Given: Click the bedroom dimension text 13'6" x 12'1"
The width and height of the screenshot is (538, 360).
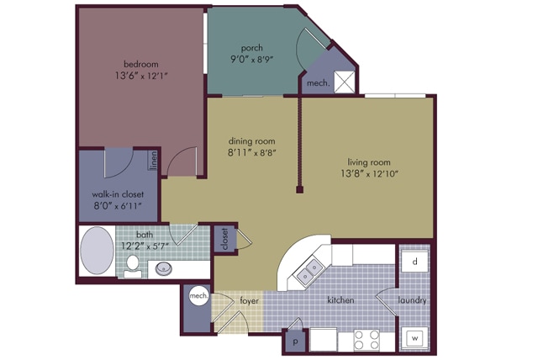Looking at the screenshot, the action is coord(141,76).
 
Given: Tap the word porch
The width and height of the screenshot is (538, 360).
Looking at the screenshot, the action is coord(252,48).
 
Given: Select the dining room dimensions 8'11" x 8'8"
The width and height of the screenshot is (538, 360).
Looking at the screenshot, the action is coord(252,153).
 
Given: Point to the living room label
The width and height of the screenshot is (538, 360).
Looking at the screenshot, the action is coord(369,161).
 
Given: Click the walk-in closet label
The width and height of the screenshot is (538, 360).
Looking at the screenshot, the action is coord(118,194).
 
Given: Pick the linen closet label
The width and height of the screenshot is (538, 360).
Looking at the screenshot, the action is coord(153,161).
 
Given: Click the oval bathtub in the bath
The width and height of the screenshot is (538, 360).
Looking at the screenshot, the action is coord(98,250).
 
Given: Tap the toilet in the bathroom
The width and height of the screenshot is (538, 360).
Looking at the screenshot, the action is coord(133,267).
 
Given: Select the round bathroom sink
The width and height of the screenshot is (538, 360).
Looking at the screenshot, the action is coord(163,268).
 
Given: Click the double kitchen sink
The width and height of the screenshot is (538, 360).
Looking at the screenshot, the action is coord(309,271).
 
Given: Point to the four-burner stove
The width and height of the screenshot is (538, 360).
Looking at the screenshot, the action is coord(367,340).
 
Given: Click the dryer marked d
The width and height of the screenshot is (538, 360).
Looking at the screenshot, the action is coord(414,262).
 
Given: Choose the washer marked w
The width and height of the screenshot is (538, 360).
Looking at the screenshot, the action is coord(414,339).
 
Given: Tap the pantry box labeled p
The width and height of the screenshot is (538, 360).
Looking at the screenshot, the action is coord(295,341).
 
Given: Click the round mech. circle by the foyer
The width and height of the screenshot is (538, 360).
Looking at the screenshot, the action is coord(199,295).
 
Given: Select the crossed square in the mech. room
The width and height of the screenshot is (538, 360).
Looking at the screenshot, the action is coord(345,82).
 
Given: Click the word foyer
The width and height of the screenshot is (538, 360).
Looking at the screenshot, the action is coord(249,301).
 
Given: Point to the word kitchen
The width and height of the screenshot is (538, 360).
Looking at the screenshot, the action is coord(340,300).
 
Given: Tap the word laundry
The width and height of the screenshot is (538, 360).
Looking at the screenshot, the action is coord(412,300).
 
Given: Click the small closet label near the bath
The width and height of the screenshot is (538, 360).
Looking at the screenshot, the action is coord(225,239).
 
